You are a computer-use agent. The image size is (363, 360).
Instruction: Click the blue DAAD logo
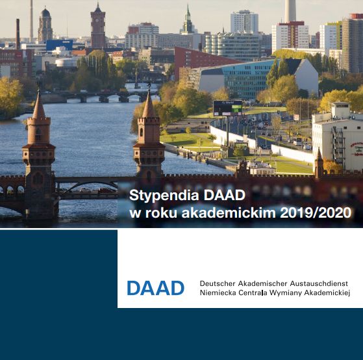tap(156, 288)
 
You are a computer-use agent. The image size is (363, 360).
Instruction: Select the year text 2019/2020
tap(316, 212)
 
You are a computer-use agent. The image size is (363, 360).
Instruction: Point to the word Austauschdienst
tap(319, 283)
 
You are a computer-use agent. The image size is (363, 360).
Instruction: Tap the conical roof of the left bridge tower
tap(39, 105)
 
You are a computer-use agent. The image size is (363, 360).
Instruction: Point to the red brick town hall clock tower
tap(98, 26)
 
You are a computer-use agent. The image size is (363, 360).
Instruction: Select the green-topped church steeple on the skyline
tap(188, 20)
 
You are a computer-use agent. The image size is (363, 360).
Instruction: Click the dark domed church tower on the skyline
tap(45, 25)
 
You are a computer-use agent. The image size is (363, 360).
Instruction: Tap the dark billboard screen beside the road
tap(227, 108)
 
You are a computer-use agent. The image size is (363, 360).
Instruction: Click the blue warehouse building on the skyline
tap(60, 45)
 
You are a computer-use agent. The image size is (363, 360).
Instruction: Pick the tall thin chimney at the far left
tap(31, 21)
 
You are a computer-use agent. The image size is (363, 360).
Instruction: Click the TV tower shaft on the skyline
tap(290, 11)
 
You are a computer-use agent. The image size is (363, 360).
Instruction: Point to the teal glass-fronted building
tap(245, 78)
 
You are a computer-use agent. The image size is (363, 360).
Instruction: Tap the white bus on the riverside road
tap(297, 141)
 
